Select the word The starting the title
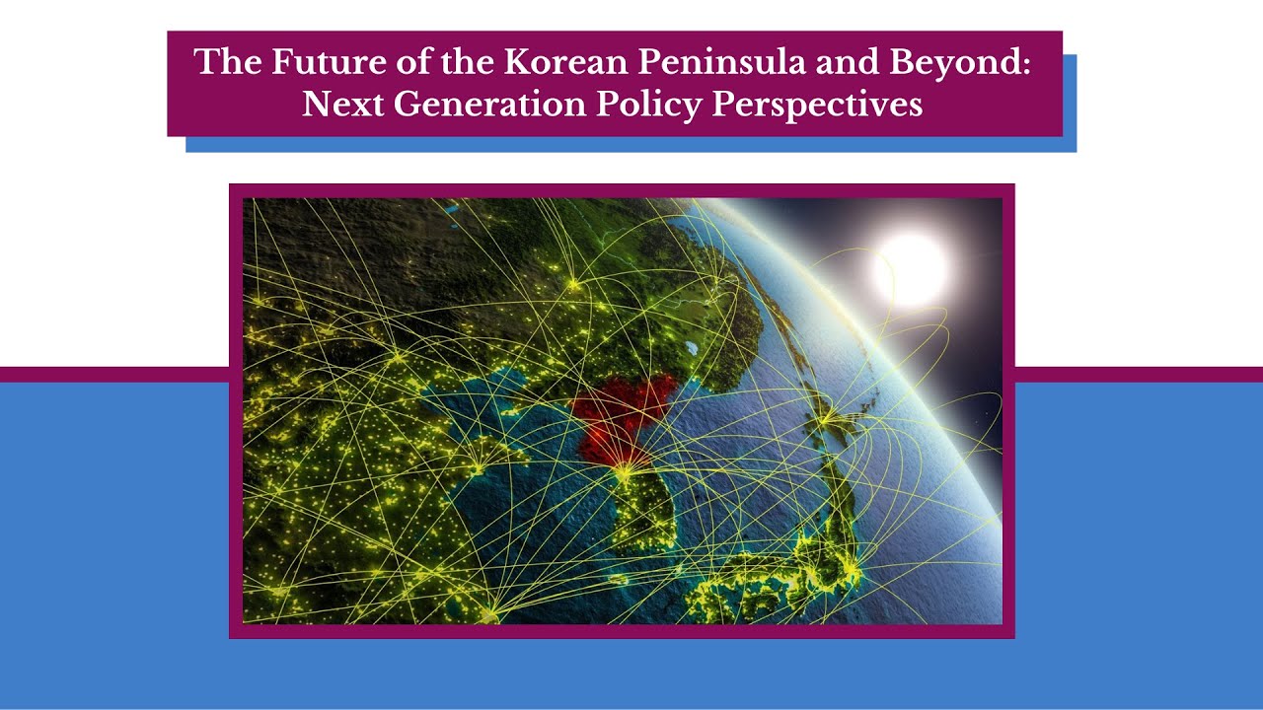[227, 62]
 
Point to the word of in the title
[378, 62]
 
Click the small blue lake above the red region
[691, 348]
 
